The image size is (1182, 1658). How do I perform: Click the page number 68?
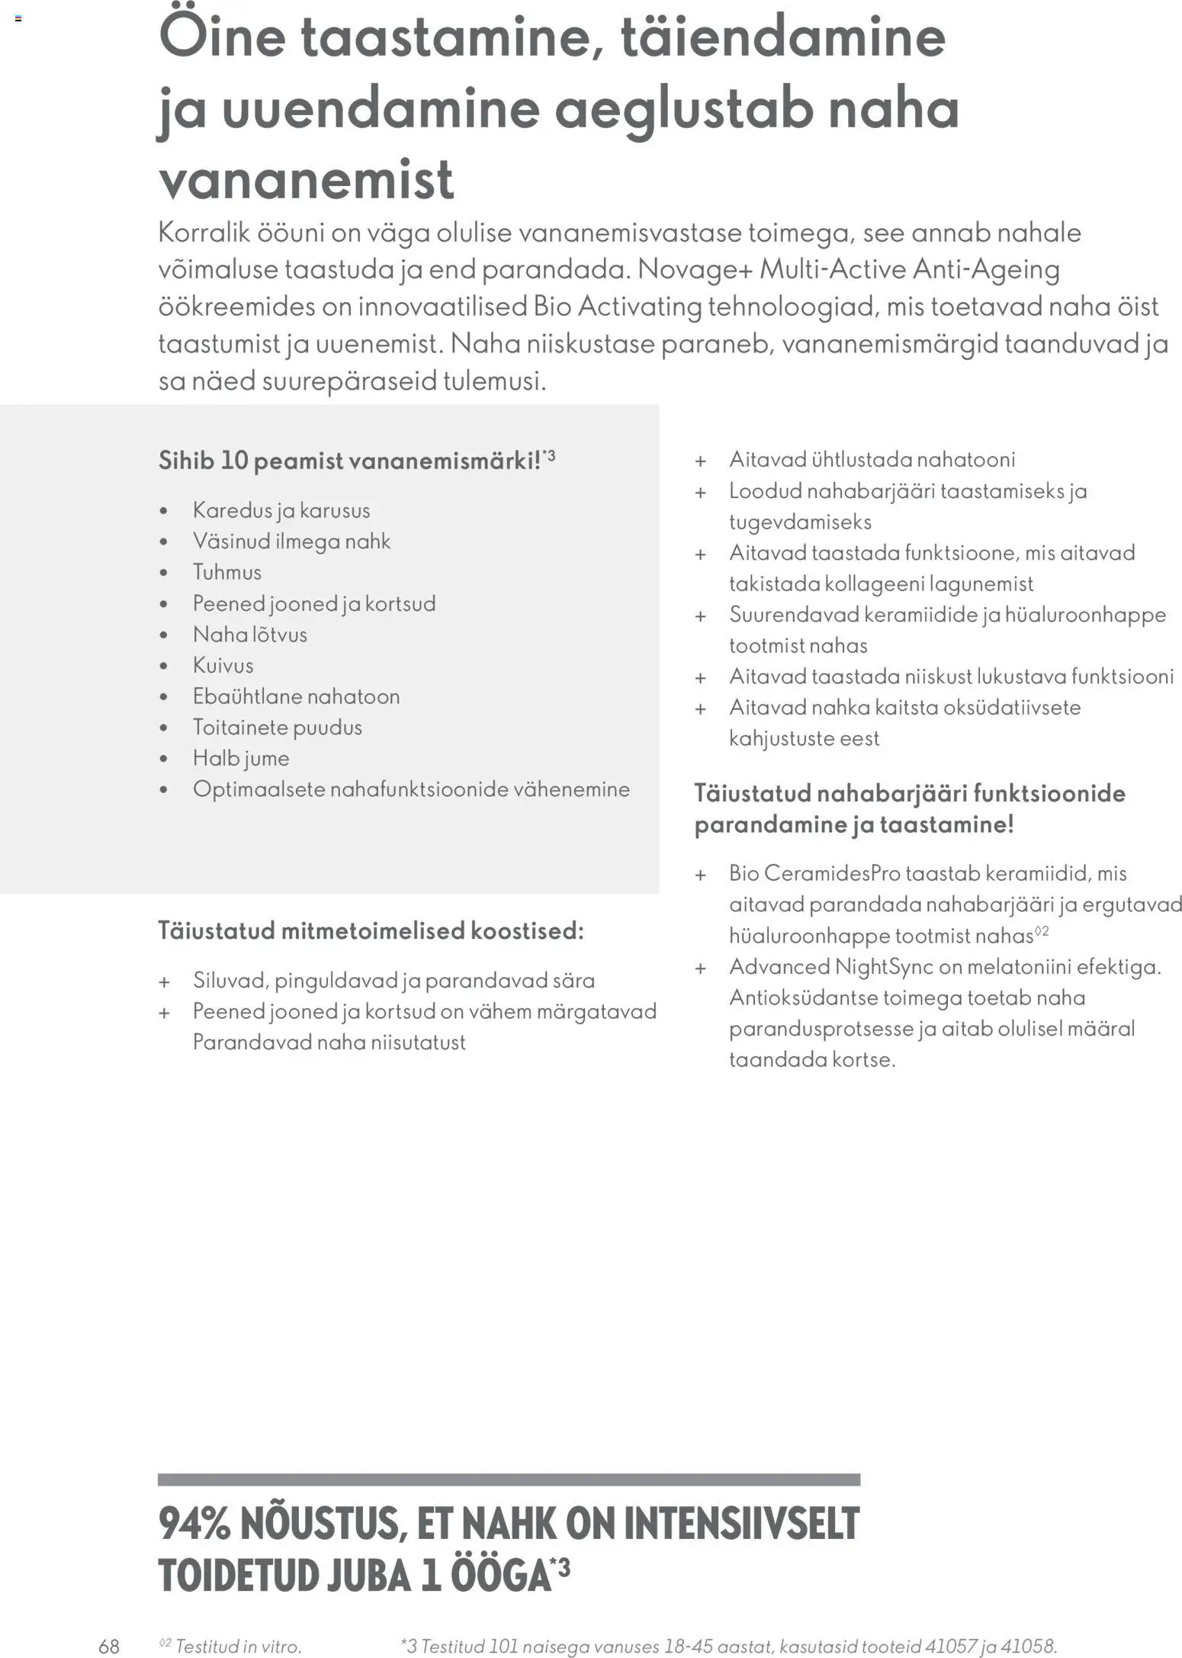pos(109,1646)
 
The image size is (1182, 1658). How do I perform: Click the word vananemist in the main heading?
pos(306,180)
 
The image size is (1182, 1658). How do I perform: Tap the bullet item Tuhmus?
pos(226,572)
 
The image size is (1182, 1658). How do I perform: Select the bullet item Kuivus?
pos(223,665)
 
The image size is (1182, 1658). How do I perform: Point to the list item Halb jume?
pos(241,758)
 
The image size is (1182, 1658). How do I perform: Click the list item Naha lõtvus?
pos(249,635)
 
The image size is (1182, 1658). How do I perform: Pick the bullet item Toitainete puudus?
pos(277,727)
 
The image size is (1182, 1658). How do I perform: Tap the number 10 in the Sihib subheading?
pos(234,461)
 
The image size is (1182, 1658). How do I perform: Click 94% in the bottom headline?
pos(194,1524)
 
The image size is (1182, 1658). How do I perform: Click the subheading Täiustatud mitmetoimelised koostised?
pos(371,930)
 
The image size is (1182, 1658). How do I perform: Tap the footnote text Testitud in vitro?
pos(238,1646)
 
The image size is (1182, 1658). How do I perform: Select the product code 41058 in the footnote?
pos(1026,1646)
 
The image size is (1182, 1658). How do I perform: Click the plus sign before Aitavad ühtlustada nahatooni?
pos(700,461)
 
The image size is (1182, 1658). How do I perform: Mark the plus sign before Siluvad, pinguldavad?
pos(164,982)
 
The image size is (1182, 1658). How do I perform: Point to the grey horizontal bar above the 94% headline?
pos(509,1480)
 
